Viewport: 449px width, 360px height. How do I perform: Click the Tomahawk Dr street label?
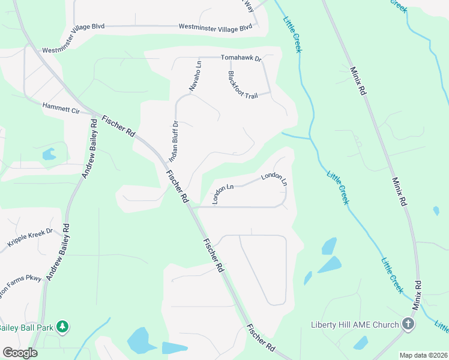tap(241, 58)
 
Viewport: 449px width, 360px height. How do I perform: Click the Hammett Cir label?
tap(61, 107)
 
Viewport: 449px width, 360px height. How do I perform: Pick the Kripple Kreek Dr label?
tap(30, 237)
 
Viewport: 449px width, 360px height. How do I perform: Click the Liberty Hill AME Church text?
tap(354, 325)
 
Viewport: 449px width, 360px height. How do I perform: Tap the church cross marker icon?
tap(408, 325)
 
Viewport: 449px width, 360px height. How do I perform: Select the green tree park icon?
tap(62, 327)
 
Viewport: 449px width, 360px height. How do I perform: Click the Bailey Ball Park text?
tap(26, 328)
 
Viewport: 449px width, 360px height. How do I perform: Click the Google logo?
tap(20, 353)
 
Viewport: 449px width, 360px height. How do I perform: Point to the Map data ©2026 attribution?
tap(423, 355)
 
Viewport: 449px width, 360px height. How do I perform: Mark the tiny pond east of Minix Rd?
tap(436, 211)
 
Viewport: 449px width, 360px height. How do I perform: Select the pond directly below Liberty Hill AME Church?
tap(360, 343)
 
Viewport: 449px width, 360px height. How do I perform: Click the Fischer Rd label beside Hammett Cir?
tap(118, 126)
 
